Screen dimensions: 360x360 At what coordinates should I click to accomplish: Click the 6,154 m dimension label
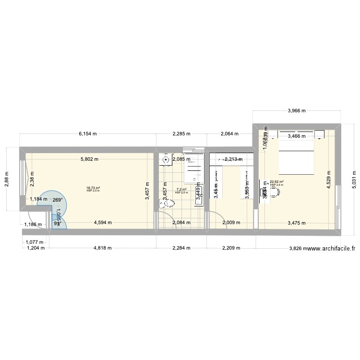88,134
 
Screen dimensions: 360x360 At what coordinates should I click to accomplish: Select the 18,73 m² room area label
93,189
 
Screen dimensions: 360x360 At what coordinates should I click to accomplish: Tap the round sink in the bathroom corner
166,160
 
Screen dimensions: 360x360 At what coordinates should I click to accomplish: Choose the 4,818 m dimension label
102,248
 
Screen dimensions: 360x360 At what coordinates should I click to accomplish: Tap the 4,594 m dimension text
103,222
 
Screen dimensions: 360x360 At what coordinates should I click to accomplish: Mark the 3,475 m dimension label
296,222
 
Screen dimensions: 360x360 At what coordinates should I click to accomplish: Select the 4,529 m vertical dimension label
329,180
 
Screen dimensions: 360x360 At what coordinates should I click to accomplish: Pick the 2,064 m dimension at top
229,134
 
